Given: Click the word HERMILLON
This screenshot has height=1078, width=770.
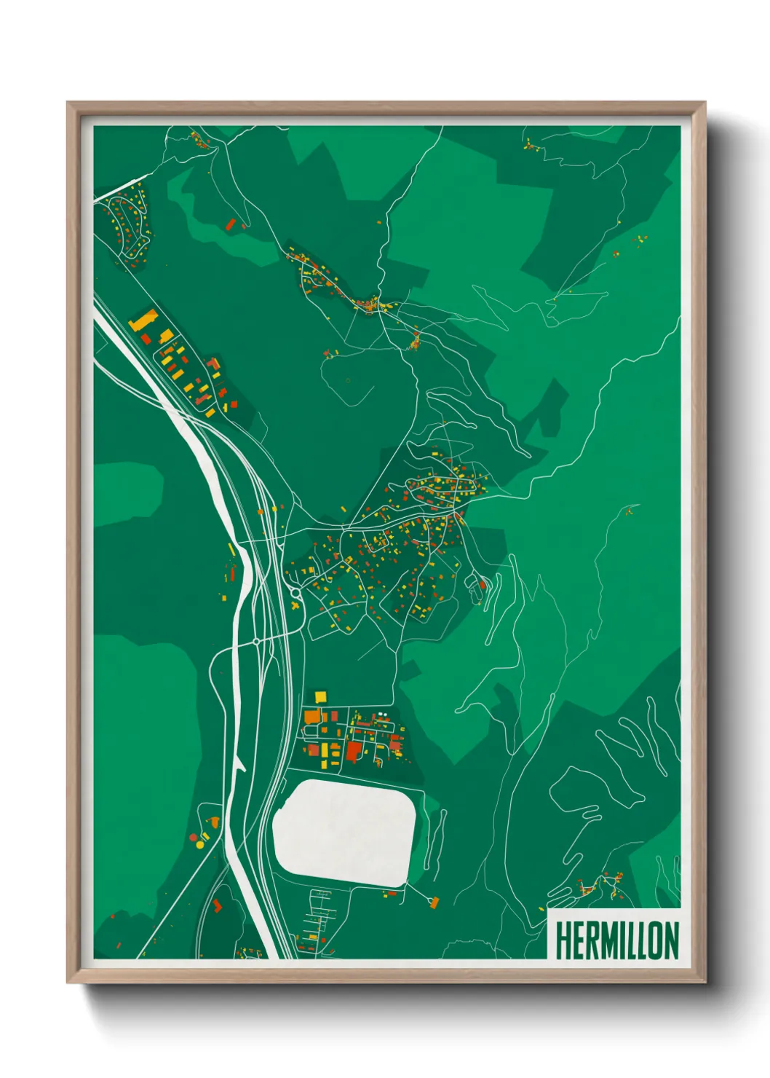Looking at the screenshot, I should point(616,940).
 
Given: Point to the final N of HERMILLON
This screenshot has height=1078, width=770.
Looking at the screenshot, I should point(671,940).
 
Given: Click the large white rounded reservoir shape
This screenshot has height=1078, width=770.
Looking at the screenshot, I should point(344,833).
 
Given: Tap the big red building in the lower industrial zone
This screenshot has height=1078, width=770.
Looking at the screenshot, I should point(354,750).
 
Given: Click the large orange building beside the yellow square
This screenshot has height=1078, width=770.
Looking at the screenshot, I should point(311,716).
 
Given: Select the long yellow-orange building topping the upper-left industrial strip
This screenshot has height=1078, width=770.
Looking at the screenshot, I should point(144,320).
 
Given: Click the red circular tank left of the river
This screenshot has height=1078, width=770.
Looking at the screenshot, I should point(214,822).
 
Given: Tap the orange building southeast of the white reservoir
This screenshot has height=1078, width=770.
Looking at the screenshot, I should point(434,903).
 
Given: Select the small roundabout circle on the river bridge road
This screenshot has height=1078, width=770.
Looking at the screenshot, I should point(256,642).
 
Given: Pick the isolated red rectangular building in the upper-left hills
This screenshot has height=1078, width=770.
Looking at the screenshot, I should point(231,224).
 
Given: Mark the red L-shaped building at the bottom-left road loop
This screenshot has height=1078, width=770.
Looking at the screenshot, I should point(217,905).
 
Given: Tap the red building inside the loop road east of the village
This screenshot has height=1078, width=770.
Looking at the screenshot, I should point(482,584).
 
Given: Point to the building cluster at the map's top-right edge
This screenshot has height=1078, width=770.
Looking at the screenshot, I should point(531,144).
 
